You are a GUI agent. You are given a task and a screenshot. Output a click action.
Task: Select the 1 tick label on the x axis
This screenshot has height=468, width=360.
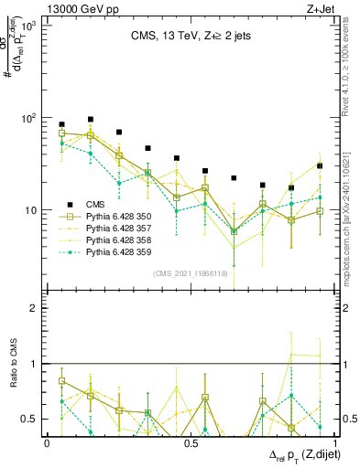pos(333,442)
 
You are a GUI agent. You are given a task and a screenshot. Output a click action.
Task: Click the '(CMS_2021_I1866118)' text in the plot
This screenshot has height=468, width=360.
pos(189,273)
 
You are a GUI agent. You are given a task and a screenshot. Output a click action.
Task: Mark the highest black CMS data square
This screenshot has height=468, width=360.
pos(91,119)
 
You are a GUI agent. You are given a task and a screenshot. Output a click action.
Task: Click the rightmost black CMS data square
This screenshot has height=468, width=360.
pos(320,165)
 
